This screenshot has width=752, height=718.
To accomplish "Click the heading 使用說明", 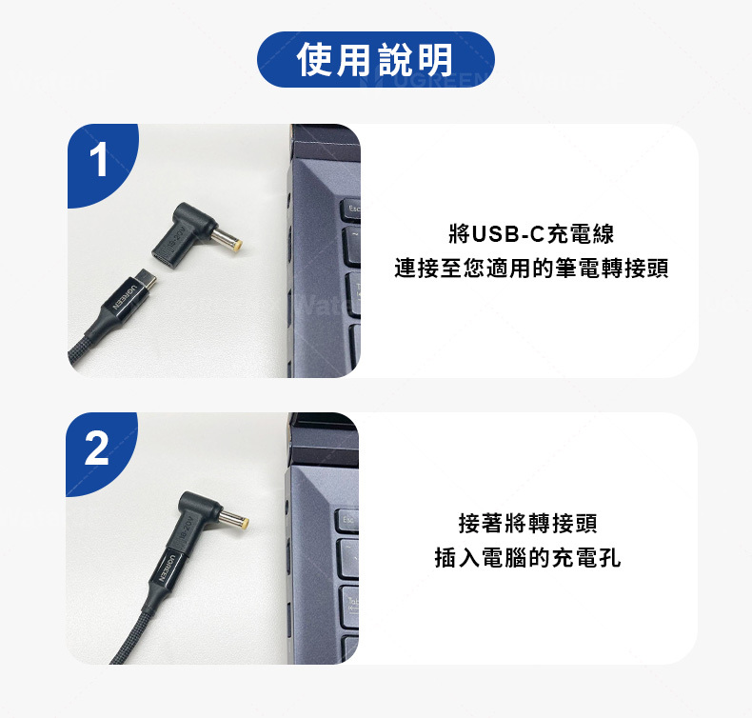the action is pos(375,59).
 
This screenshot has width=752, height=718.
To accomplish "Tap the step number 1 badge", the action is pos(99,161).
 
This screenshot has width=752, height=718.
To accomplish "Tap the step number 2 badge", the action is pos(97,448).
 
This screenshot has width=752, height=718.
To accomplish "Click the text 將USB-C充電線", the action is pos(531,234).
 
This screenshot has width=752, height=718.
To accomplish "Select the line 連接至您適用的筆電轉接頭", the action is pos(531,269).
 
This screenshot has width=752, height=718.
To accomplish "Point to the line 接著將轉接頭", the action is pos(528,523).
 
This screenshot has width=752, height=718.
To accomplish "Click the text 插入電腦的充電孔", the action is pos(528,557).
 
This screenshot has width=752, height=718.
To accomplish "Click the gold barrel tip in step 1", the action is pos(236,247).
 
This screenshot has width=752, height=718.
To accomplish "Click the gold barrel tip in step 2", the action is pos(244,522).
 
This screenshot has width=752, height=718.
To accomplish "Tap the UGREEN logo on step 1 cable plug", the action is pos(124,297).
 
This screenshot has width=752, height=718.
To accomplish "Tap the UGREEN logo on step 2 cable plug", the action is pos(168,568).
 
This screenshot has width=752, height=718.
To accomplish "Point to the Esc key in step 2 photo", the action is pos(348,521).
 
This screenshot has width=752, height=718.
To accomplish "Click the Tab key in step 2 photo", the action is pos(350,607).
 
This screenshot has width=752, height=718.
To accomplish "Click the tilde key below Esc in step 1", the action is pos(352,246).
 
